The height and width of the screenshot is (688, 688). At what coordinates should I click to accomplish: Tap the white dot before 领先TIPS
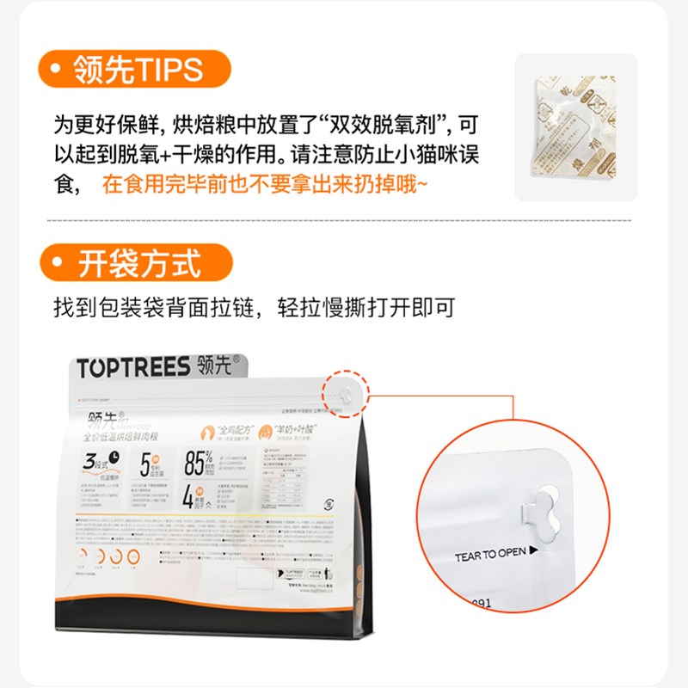pos(58,71)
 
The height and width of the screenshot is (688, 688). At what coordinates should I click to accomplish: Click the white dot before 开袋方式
pos(58,263)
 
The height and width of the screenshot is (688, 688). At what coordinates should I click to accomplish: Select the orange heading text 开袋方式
pos(139,263)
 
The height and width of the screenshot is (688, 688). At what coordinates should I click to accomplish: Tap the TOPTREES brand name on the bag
pos(132,369)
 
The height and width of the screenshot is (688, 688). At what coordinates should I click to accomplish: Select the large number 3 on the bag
pos(90,462)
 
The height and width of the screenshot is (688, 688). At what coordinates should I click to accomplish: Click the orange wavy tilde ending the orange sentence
pos(421,183)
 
